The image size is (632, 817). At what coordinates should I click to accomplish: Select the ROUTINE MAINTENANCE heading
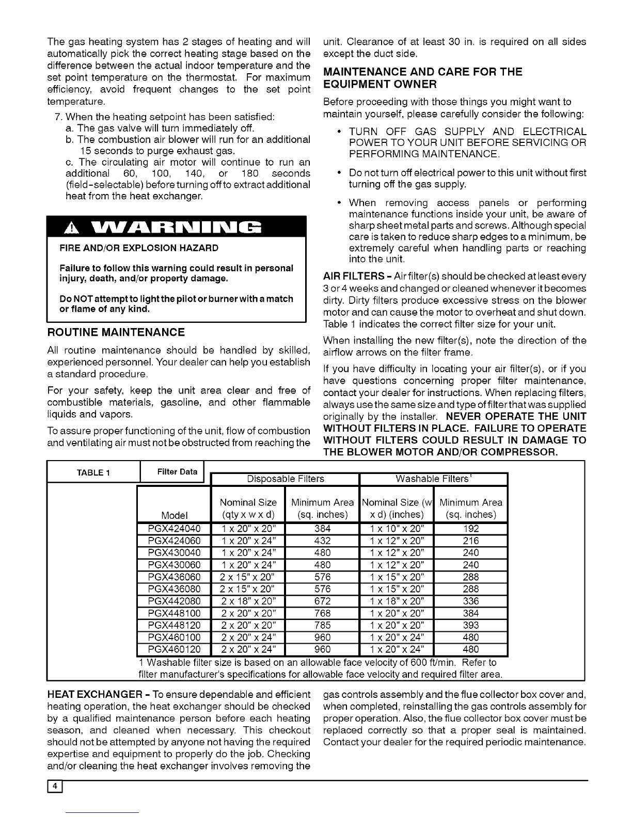coord(116,332)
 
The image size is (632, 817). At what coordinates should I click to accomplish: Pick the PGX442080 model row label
coord(174,601)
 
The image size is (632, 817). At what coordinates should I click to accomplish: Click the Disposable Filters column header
coord(286,479)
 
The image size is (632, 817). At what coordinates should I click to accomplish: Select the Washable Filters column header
coord(433,479)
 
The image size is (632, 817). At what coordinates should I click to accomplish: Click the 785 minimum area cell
coord(322,626)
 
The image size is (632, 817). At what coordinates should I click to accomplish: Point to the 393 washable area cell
coord(471,626)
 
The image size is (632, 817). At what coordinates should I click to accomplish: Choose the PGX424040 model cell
coord(174,528)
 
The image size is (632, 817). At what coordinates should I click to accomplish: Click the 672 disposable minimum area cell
coord(322,601)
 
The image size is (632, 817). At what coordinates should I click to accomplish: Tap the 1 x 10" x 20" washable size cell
coord(397,528)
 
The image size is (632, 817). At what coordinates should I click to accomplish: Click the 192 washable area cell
coord(471,528)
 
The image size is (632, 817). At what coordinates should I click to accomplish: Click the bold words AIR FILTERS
coord(353,276)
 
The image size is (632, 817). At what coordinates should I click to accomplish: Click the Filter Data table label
coord(177,471)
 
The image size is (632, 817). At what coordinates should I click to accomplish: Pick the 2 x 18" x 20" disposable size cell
coord(248,601)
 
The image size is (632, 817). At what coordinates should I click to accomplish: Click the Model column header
coord(174,515)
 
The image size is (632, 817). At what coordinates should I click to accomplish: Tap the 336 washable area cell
coord(471,601)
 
